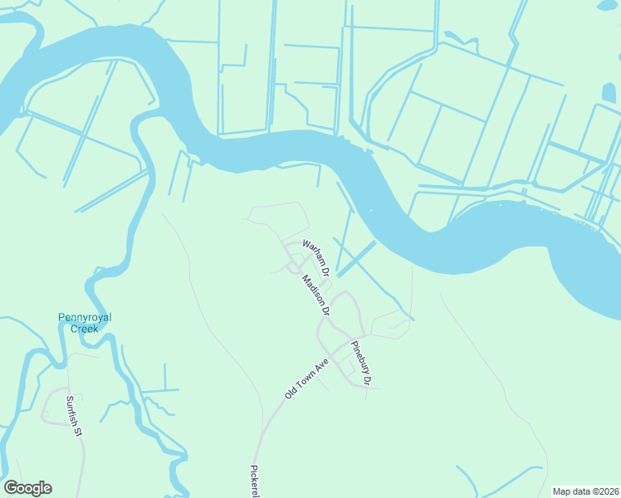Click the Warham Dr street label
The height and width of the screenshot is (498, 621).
[x=316, y=258]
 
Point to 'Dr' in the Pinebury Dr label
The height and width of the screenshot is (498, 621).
[x=367, y=375]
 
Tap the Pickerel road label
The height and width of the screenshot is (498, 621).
[x=255, y=480]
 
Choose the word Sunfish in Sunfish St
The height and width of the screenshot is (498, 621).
[x=71, y=411]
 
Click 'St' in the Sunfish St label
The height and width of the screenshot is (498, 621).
[x=79, y=432]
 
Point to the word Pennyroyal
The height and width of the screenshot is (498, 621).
[x=85, y=317]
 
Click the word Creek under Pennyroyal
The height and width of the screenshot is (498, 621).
[x=84, y=329]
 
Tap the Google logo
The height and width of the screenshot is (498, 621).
[x=27, y=488]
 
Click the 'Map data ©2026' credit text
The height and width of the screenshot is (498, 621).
[x=585, y=491]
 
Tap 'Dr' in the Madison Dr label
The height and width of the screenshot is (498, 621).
[x=325, y=310]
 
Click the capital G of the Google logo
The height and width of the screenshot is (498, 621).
[x=11, y=488]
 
